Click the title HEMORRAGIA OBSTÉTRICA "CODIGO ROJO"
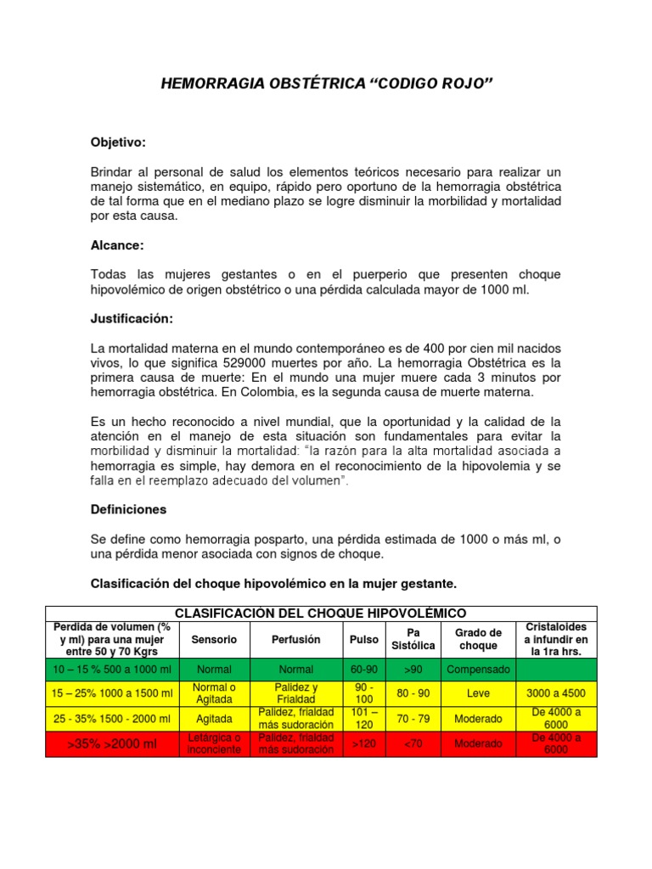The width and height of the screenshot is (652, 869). click(326, 85)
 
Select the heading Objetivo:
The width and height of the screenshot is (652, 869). click(118, 142)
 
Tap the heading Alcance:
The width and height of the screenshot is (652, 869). click(117, 245)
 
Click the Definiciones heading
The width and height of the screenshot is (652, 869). click(128, 509)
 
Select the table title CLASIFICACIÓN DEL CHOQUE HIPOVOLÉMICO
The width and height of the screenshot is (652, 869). click(320, 613)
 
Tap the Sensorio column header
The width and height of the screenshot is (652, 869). click(215, 639)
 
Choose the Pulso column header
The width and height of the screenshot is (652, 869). click(363, 639)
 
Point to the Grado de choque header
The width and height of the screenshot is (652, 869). click(479, 639)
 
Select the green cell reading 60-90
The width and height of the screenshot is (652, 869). click(363, 670)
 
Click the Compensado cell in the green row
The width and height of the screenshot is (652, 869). click(479, 670)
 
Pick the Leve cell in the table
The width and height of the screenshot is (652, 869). click(479, 693)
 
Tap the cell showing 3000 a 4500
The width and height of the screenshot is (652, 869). click(556, 693)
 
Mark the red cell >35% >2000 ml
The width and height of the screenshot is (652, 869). click(113, 744)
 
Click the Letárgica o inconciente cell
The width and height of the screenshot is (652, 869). click(215, 744)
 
